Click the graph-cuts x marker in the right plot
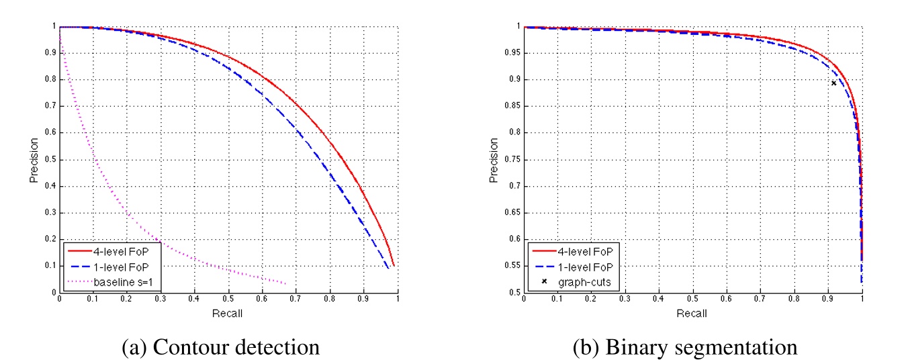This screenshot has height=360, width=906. click(x=833, y=83)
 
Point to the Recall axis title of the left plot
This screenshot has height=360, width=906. click(x=228, y=313)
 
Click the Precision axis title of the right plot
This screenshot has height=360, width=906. click(x=494, y=160)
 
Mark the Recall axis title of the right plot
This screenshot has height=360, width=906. click(x=692, y=313)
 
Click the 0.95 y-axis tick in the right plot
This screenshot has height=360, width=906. click(x=511, y=53)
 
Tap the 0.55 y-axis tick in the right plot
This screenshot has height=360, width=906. click(x=511, y=266)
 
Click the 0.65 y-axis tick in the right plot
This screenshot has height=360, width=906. click(x=511, y=213)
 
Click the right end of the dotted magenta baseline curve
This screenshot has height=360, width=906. click(x=287, y=283)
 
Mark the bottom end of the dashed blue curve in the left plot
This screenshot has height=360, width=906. click(x=388, y=269)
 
